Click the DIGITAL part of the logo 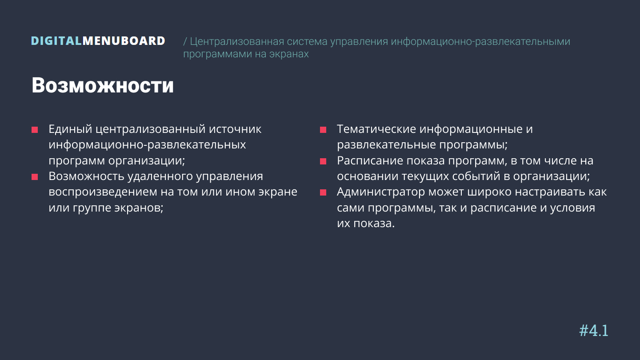pyautogui.click(x=56, y=41)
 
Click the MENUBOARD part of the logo pyautogui.click(x=124, y=41)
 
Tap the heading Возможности pyautogui.click(x=103, y=85)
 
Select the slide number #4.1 pyautogui.click(x=594, y=331)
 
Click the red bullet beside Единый pyautogui.click(x=35, y=130)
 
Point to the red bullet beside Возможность pyautogui.click(x=35, y=177)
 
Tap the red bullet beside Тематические pyautogui.click(x=323, y=130)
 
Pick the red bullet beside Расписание pyautogui.click(x=323, y=161)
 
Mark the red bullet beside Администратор pyautogui.click(x=323, y=192)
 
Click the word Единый pyautogui.click(x=70, y=129)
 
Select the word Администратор pyautogui.click(x=381, y=192)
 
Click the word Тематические pyautogui.click(x=376, y=129)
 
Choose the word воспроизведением pyautogui.click(x=103, y=192)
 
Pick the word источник pyautogui.click(x=235, y=129)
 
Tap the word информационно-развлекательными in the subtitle pyautogui.click(x=480, y=42)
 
